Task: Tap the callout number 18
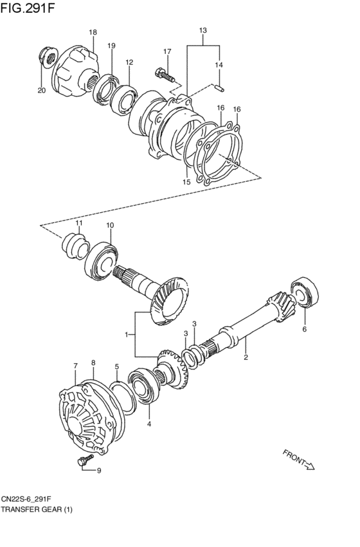pyautogui.click(x=93, y=32)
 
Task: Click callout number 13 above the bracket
pyautogui.click(x=203, y=30)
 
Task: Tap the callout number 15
pyautogui.click(x=187, y=183)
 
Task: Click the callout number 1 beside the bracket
pyautogui.click(x=127, y=334)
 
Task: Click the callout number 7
pyautogui.click(x=75, y=366)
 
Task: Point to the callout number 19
pyautogui.click(x=111, y=46)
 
